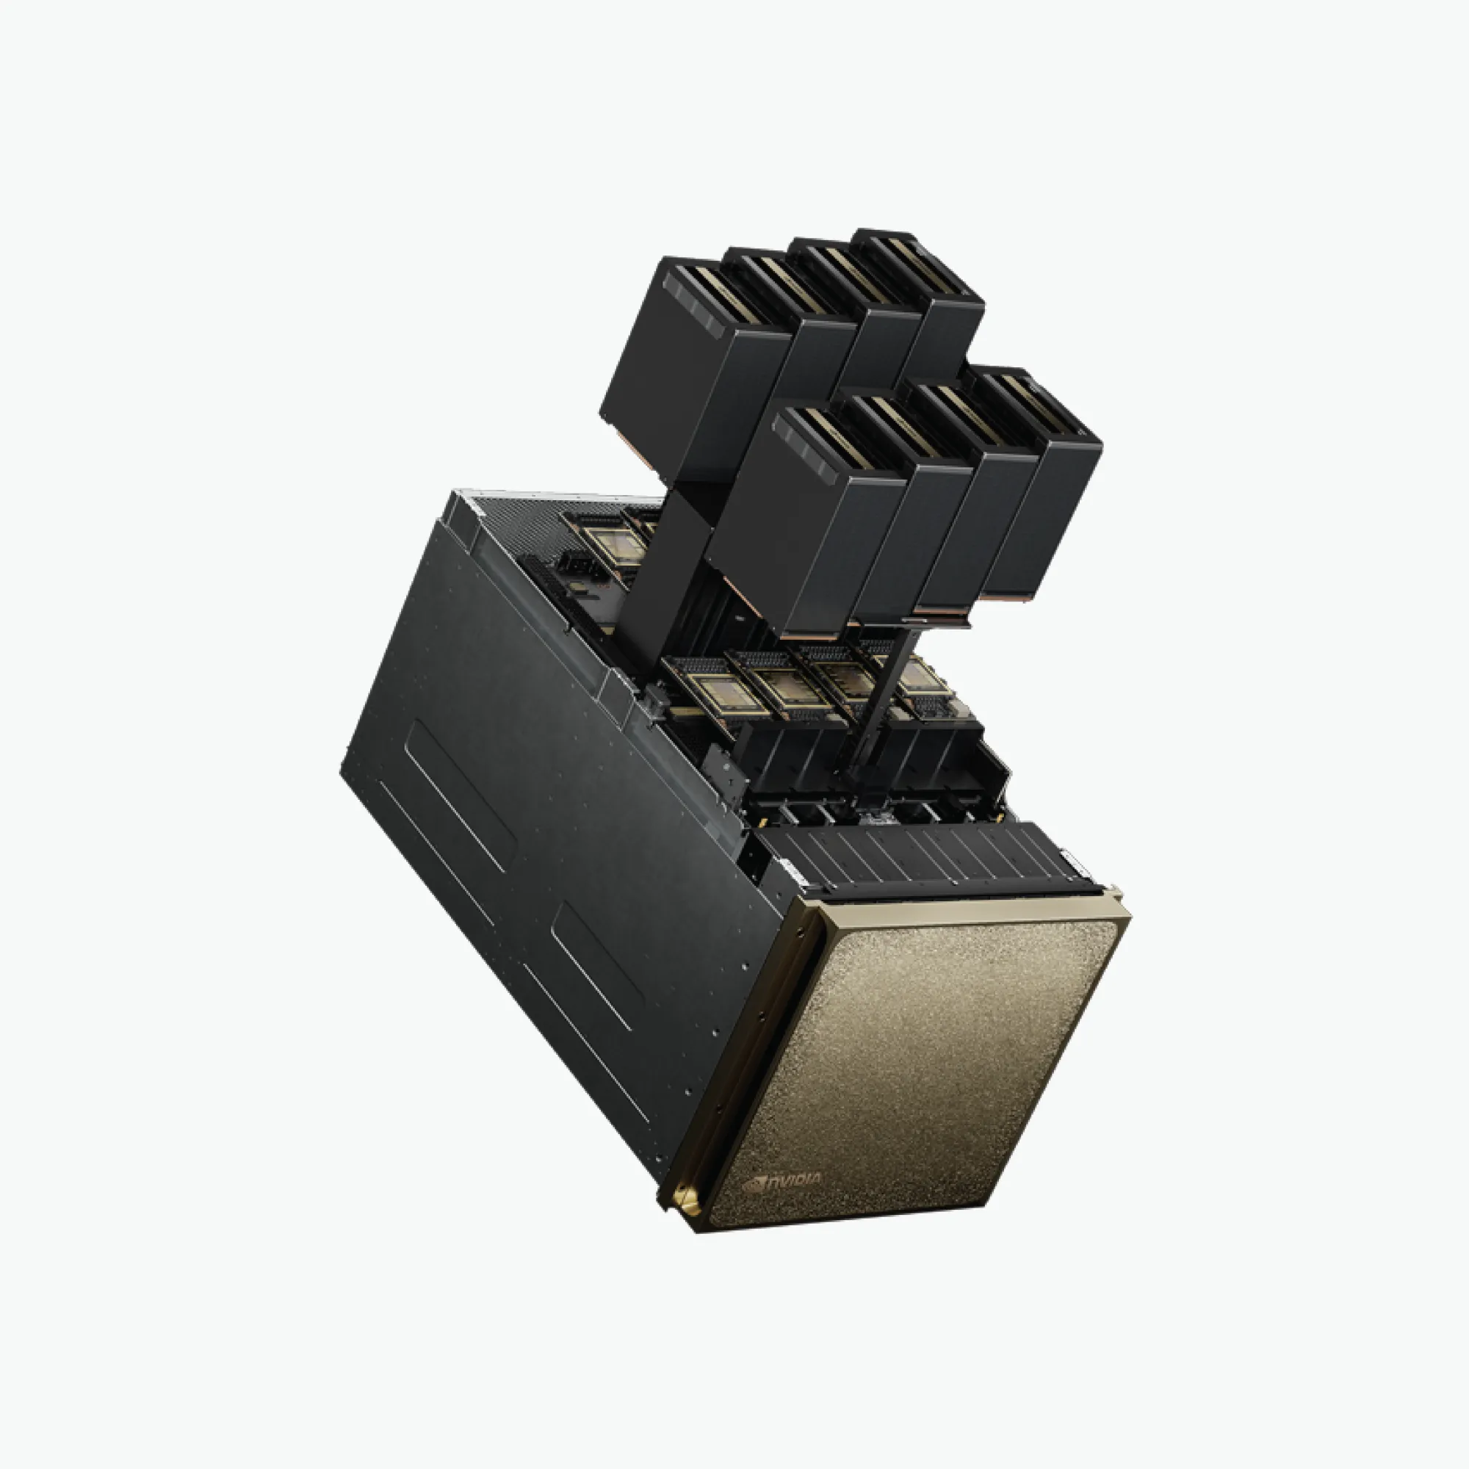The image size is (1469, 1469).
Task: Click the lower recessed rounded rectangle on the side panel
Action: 597,966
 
